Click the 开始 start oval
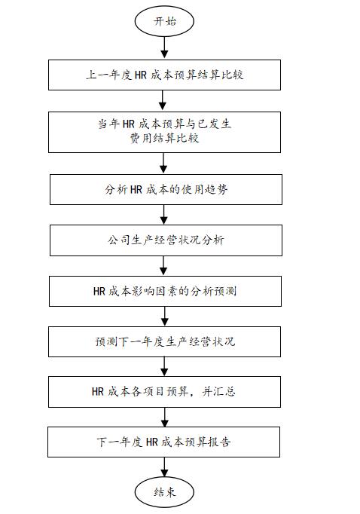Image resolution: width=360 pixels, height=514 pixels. click(x=164, y=21)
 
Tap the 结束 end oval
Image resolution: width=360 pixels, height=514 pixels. click(x=164, y=491)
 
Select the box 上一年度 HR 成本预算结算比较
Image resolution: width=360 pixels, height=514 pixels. click(x=164, y=75)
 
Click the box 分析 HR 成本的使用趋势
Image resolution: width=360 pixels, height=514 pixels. click(x=166, y=189)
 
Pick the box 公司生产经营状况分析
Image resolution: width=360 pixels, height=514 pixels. click(x=166, y=240)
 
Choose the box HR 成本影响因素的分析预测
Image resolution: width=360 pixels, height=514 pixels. click(x=165, y=291)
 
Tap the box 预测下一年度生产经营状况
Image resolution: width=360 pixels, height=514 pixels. click(x=164, y=341)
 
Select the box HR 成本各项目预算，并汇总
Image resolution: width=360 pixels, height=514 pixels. click(x=164, y=392)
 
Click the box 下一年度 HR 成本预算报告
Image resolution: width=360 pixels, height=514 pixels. click(x=163, y=442)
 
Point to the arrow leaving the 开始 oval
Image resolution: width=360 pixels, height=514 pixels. click(x=164, y=48)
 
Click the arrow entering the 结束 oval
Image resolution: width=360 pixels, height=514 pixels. click(x=164, y=467)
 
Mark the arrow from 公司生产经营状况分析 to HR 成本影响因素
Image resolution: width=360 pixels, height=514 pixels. click(x=163, y=266)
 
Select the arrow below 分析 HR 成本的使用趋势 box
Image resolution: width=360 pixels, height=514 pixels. click(x=163, y=215)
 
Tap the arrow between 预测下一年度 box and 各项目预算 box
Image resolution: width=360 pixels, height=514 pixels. click(x=164, y=367)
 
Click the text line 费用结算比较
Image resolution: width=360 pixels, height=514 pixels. click(x=164, y=139)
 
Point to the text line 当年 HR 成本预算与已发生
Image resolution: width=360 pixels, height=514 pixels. click(x=164, y=124)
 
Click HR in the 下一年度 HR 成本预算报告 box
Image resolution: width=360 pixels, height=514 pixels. click(x=152, y=442)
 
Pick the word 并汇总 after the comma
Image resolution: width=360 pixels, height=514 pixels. click(x=218, y=391)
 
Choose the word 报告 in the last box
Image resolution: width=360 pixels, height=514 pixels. click(x=219, y=442)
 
